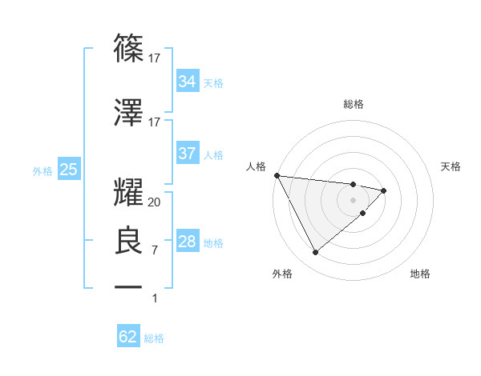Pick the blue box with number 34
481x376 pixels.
click(x=187, y=81)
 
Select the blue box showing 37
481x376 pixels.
click(x=187, y=153)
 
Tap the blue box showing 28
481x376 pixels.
click(x=187, y=242)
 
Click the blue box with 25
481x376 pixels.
click(x=68, y=169)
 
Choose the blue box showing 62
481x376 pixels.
click(x=128, y=337)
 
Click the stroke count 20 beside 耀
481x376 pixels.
click(x=155, y=202)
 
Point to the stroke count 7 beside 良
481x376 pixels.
click(x=155, y=250)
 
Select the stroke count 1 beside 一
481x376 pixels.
click(x=155, y=298)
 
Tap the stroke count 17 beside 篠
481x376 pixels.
click(x=155, y=58)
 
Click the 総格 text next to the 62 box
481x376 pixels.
click(x=155, y=338)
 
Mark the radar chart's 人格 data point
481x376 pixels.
click(x=277, y=175)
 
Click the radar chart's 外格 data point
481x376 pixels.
click(x=315, y=253)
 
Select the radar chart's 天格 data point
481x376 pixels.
click(x=384, y=190)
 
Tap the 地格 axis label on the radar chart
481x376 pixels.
click(x=420, y=274)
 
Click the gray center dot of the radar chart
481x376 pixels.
click(x=353, y=199)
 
